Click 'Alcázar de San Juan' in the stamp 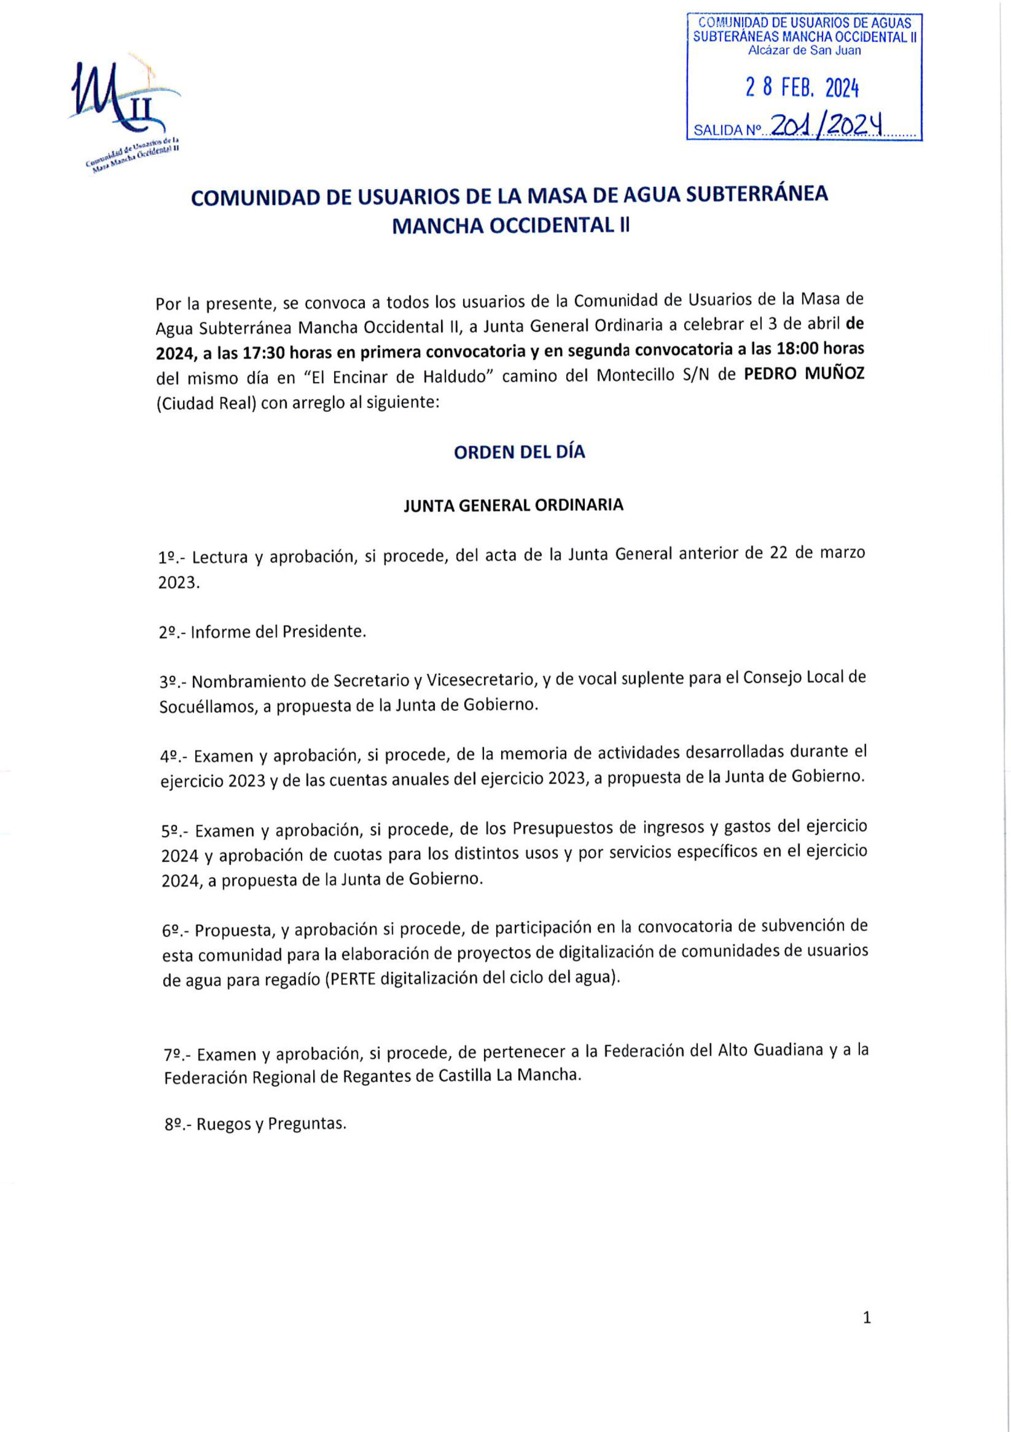(x=805, y=51)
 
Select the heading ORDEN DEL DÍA (x=519, y=452)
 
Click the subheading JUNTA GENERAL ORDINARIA (x=513, y=505)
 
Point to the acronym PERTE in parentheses (x=352, y=978)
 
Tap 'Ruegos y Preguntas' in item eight (x=271, y=1124)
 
